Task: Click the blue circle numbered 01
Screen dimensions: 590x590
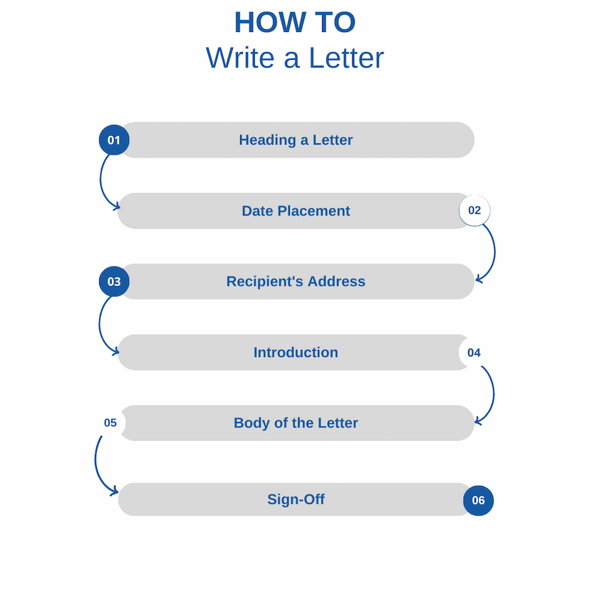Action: coord(114,140)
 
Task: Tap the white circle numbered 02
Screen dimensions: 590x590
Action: coord(475,210)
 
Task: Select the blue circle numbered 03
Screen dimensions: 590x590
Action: coord(114,281)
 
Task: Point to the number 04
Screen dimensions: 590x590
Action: coord(474,353)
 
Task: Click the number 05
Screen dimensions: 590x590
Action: coord(110,423)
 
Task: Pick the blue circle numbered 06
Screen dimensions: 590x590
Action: coord(478,500)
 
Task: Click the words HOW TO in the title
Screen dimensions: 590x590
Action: coord(295,22)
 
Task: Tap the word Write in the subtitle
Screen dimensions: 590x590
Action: coord(240,58)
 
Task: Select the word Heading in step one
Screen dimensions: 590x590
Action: coord(267,140)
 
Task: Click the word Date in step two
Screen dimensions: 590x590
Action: coord(258,211)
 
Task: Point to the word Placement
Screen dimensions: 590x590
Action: coord(314,211)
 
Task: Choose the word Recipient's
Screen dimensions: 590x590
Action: coord(265,282)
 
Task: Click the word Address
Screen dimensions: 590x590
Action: coord(336,281)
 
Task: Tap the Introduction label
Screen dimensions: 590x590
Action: coord(296,353)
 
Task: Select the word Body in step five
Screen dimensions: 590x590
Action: coord(252,423)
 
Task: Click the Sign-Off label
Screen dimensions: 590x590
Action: coord(296,500)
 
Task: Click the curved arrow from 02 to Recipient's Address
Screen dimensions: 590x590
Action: coord(495,253)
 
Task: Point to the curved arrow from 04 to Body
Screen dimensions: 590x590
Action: coord(493,395)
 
